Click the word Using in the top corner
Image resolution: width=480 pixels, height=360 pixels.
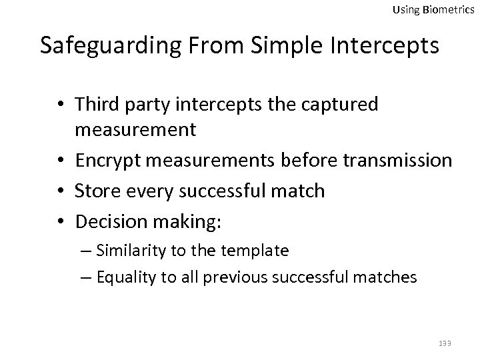click(x=404, y=9)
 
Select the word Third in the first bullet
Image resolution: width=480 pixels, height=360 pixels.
click(x=97, y=105)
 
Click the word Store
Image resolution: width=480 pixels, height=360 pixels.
click(x=96, y=191)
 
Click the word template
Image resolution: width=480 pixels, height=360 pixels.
click(x=257, y=251)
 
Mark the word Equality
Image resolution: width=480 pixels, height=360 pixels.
click(x=122, y=277)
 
